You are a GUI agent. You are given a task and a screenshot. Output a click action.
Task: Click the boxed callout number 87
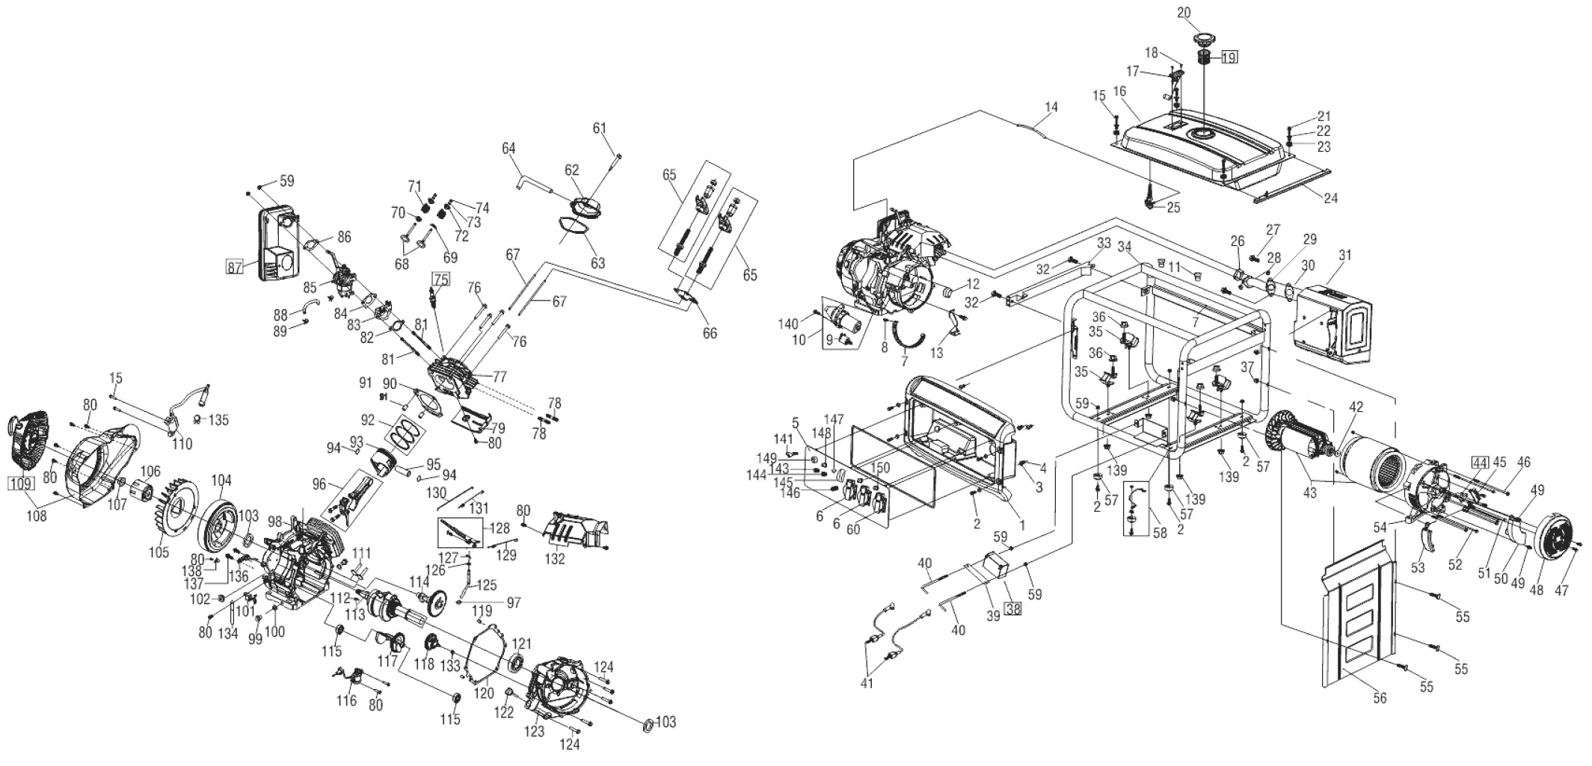pyautogui.click(x=235, y=268)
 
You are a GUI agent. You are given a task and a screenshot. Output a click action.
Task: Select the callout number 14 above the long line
pyautogui.click(x=1051, y=108)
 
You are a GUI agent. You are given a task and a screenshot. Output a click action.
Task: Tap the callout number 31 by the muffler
pyautogui.click(x=1345, y=255)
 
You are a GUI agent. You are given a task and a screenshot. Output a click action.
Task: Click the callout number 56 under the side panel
pyautogui.click(x=1380, y=698)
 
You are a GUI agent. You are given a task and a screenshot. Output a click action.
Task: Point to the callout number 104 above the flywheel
pyautogui.click(x=222, y=480)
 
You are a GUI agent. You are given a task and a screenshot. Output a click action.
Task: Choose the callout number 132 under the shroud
pyautogui.click(x=554, y=558)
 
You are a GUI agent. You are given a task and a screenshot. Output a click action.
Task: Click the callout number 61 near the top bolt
pyautogui.click(x=600, y=128)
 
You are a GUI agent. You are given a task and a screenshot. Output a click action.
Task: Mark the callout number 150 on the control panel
pyautogui.click(x=880, y=467)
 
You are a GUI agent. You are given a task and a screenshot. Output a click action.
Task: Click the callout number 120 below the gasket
pyautogui.click(x=484, y=693)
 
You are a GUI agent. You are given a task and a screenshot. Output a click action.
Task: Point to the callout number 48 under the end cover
pyautogui.click(x=1536, y=590)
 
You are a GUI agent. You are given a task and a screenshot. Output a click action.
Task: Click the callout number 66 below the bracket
pyautogui.click(x=709, y=333)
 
